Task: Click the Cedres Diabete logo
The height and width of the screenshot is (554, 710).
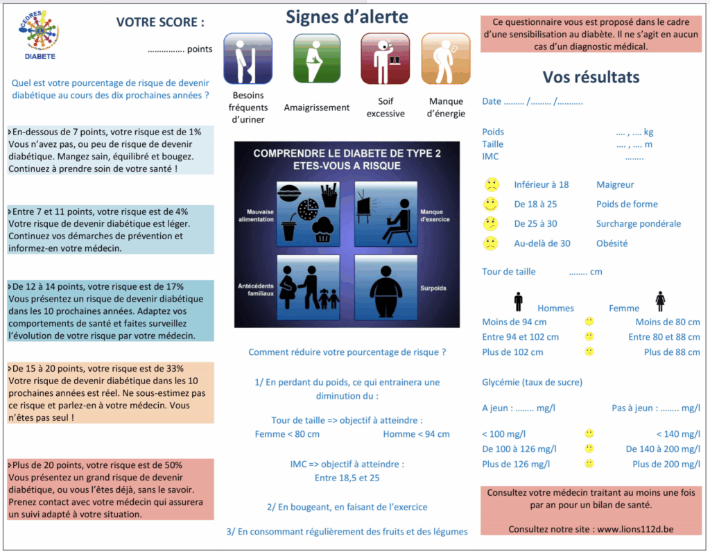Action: pyautogui.click(x=39, y=35)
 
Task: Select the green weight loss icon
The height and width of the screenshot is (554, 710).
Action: pyautogui.click(x=316, y=59)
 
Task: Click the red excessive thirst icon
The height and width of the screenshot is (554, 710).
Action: pyautogui.click(x=385, y=59)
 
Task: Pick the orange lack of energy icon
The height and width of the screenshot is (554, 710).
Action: pyautogui.click(x=446, y=59)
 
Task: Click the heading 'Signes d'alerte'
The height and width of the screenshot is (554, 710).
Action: pyautogui.click(x=347, y=17)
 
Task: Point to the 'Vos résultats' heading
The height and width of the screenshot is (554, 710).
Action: pyautogui.click(x=591, y=77)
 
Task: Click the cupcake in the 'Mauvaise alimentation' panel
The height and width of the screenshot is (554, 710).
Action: pyautogui.click(x=322, y=230)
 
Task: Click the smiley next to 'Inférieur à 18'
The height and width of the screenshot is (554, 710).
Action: pyautogui.click(x=491, y=185)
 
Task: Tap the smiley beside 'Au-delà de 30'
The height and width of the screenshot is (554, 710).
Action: pyautogui.click(x=491, y=243)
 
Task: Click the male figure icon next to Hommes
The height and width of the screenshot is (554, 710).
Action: pyautogui.click(x=518, y=302)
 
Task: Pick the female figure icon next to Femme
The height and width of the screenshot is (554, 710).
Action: pyautogui.click(x=660, y=302)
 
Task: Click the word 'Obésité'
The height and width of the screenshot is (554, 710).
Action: pyautogui.click(x=612, y=243)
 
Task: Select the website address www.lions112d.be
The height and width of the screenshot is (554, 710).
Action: pyautogui.click(x=635, y=529)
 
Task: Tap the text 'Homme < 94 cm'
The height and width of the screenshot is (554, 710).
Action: pyautogui.click(x=416, y=434)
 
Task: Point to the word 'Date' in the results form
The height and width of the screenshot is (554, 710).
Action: pyautogui.click(x=492, y=101)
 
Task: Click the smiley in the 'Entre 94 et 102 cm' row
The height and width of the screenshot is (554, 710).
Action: pyautogui.click(x=589, y=337)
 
